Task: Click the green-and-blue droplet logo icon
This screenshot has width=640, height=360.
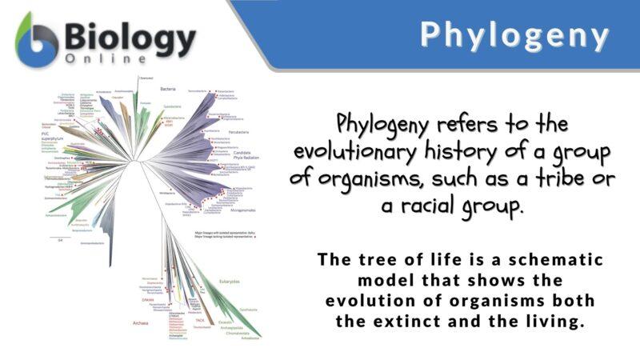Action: (x=37, y=38)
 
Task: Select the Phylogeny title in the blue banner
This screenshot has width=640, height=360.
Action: (x=515, y=35)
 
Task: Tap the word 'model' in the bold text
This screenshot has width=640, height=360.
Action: (x=387, y=281)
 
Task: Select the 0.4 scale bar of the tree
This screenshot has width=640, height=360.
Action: (x=61, y=238)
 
